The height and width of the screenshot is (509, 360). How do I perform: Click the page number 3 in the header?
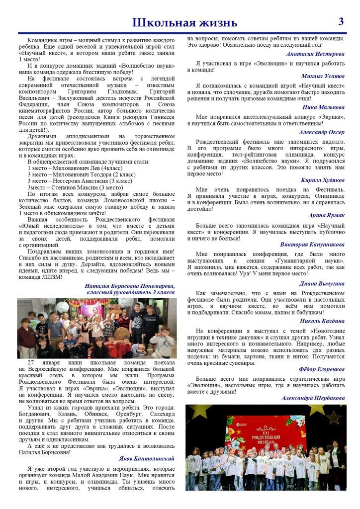[342, 22]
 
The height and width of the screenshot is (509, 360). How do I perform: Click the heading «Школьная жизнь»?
[184, 23]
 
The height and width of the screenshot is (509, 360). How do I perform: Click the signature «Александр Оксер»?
[322, 132]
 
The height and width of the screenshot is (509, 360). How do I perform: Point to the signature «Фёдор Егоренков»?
[322, 369]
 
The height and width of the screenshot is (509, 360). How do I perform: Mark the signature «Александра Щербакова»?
[313, 398]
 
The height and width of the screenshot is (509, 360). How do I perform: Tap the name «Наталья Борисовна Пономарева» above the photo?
[129, 286]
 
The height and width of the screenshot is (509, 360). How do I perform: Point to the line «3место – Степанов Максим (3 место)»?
[75, 188]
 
